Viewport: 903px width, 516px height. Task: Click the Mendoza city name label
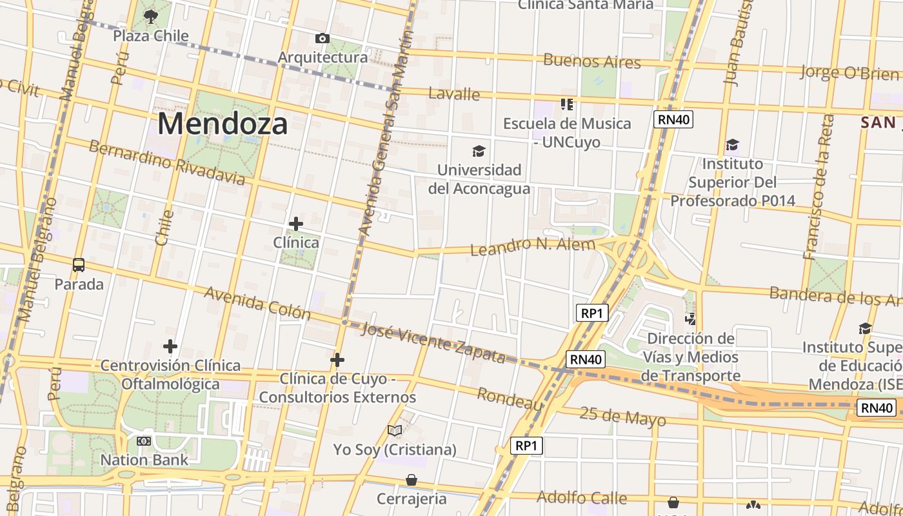pyautogui.click(x=222, y=123)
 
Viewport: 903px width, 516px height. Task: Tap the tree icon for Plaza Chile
pyautogui.click(x=151, y=17)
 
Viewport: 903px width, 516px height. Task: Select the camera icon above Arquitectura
pyautogui.click(x=322, y=39)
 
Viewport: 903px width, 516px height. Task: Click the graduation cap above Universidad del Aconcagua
pyautogui.click(x=479, y=151)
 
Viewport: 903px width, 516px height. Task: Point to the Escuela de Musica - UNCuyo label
pyautogui.click(x=567, y=132)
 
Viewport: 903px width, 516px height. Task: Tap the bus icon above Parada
pyautogui.click(x=79, y=265)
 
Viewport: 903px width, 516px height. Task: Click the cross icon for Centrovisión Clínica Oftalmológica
pyautogui.click(x=170, y=347)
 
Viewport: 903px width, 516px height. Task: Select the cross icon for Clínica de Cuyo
pyautogui.click(x=337, y=360)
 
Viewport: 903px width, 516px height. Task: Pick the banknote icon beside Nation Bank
pyautogui.click(x=144, y=441)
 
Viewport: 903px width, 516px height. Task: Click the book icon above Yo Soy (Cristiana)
pyautogui.click(x=395, y=430)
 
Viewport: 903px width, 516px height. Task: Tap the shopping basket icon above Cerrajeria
pyautogui.click(x=412, y=480)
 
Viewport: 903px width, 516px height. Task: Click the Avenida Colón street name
pyautogui.click(x=257, y=303)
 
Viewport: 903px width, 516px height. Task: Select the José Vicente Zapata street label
pyautogui.click(x=433, y=342)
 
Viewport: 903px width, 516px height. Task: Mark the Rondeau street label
pyautogui.click(x=510, y=399)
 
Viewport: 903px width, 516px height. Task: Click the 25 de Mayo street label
pyautogui.click(x=622, y=416)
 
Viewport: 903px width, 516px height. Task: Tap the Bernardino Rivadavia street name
pyautogui.click(x=167, y=161)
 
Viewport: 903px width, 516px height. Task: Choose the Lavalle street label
pyautogui.click(x=454, y=94)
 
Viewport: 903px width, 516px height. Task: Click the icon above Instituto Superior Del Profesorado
pyautogui.click(x=732, y=144)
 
